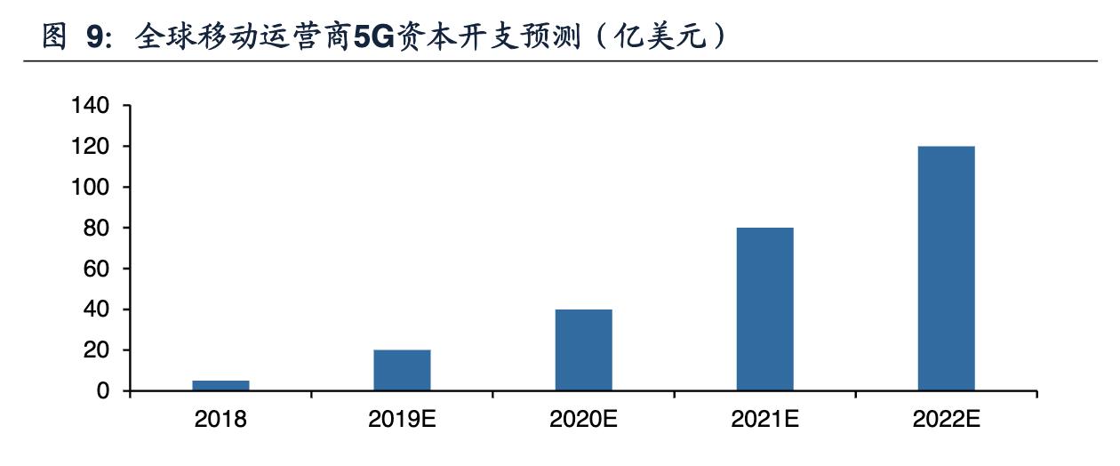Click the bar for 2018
point(220,386)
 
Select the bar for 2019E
point(402,370)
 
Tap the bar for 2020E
point(583,350)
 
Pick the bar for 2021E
point(764,309)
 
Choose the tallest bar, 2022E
point(946,269)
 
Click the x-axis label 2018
point(220,420)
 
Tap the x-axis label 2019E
point(402,420)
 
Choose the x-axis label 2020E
point(583,420)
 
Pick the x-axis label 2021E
point(764,420)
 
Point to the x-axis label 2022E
point(946,420)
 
